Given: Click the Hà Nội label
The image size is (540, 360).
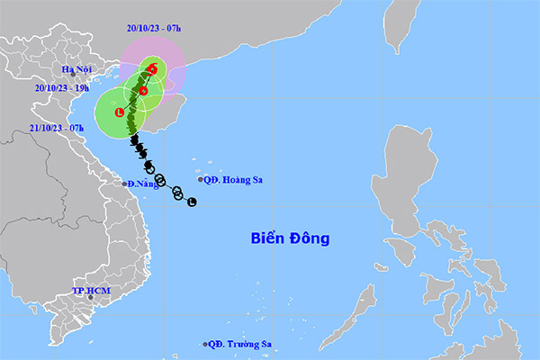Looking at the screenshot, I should pyautogui.click(x=78, y=69).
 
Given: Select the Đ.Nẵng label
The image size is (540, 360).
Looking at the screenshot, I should pyautogui.click(x=142, y=184).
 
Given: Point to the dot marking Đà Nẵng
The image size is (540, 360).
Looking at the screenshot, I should pyautogui.click(x=125, y=184).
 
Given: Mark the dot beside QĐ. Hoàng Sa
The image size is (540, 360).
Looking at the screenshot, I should pyautogui.click(x=201, y=179).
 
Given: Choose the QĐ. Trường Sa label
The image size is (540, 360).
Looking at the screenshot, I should pyautogui.click(x=241, y=344).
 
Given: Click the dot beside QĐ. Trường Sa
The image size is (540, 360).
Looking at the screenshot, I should pyautogui.click(x=206, y=344).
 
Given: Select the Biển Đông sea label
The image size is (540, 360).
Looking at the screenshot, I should pyautogui.click(x=290, y=238).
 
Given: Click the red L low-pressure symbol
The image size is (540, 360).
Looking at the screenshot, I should pyautogui.click(x=119, y=112).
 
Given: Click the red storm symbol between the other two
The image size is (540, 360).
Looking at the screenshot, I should pyautogui.click(x=143, y=90).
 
